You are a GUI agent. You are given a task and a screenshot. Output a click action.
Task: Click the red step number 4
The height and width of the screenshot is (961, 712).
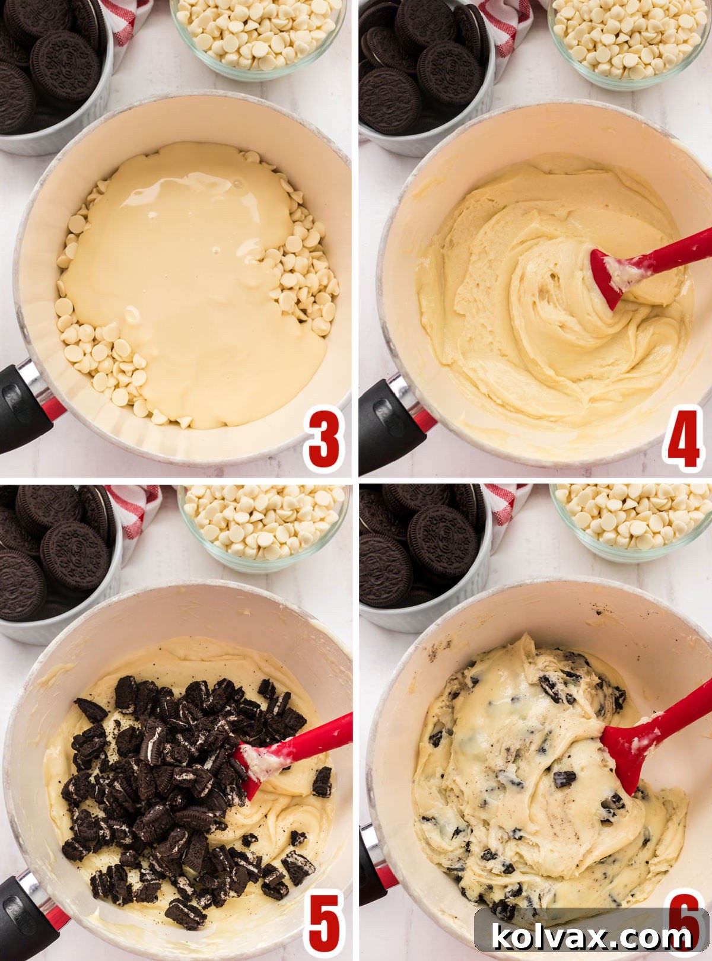tap(684, 439)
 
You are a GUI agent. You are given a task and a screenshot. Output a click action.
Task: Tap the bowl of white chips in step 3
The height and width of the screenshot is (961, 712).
tap(258, 36)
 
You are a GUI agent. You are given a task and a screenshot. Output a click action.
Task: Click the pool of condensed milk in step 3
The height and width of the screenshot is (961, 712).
tap(190, 279)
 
